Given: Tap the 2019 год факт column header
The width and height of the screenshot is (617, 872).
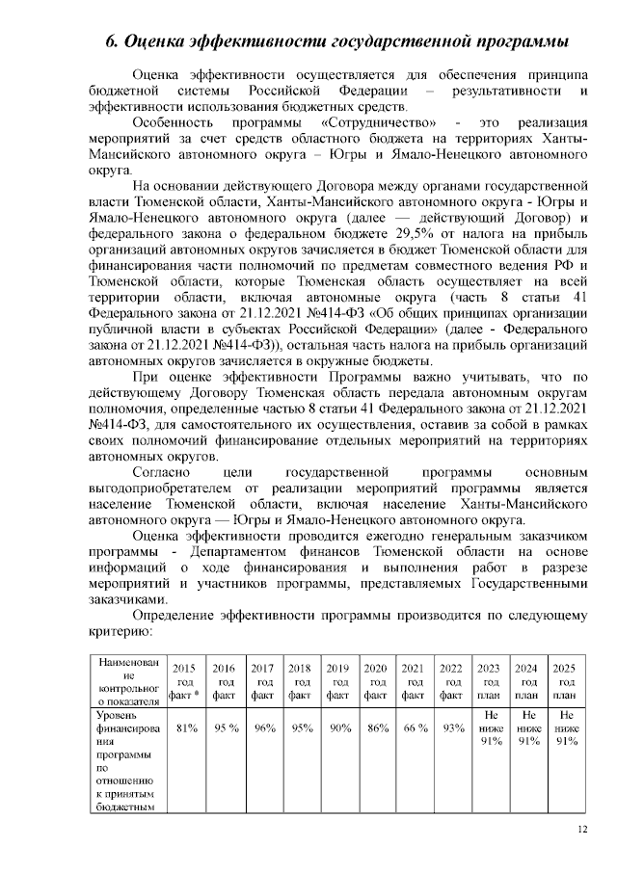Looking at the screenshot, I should coord(337,680).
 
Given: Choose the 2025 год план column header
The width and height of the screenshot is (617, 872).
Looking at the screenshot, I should coord(566,680).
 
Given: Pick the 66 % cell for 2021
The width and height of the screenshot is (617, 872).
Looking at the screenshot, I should coord(414,729).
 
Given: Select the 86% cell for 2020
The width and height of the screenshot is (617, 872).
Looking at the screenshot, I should coord(376,729).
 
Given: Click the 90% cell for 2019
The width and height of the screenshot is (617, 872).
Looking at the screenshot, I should coord(337,729).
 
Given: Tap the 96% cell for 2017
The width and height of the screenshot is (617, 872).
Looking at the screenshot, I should coord(261,729).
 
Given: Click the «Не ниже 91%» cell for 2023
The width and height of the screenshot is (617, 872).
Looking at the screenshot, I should coord(490,729).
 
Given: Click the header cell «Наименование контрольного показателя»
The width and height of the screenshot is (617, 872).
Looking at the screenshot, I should coord(120,680).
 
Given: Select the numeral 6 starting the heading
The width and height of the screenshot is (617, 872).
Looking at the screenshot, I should coord(109,41).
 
